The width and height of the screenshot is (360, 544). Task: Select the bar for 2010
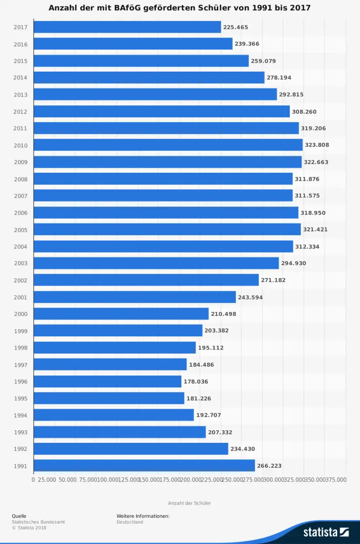pyautogui.click(x=168, y=145)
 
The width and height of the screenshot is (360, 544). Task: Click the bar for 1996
pyautogui.click(x=107, y=382)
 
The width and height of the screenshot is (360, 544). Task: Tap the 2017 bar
pyautogui.click(x=127, y=27)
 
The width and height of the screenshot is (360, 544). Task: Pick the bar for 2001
pyautogui.click(x=135, y=297)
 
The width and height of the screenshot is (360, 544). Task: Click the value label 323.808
pyautogui.click(x=317, y=145)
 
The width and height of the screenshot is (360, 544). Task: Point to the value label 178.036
pyautogui.click(x=196, y=382)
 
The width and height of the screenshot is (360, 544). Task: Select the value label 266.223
pyautogui.click(x=269, y=466)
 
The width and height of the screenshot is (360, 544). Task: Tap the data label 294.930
pyautogui.click(x=294, y=263)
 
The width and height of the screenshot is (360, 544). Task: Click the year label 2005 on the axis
pyautogui.click(x=20, y=230)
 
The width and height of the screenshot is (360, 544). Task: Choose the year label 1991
pyautogui.click(x=20, y=466)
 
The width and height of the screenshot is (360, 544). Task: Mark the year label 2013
pyautogui.click(x=20, y=95)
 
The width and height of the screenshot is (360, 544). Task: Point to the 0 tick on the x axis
pyautogui.click(x=34, y=479)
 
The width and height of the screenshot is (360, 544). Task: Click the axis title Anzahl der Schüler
pyautogui.click(x=190, y=503)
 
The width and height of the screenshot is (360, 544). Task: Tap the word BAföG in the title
pyautogui.click(x=134, y=8)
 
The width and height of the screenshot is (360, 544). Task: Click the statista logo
pyautogui.click(x=326, y=532)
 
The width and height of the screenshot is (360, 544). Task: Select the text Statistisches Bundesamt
pyautogui.click(x=39, y=522)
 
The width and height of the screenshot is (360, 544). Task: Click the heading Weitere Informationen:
pyautogui.click(x=143, y=516)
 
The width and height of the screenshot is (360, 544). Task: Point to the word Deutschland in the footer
pyautogui.click(x=130, y=522)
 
